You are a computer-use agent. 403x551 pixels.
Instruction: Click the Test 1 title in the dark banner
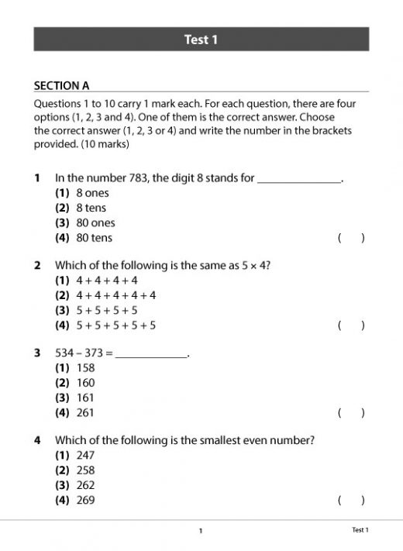(x=201, y=40)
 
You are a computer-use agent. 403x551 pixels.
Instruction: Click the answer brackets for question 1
(x=351, y=238)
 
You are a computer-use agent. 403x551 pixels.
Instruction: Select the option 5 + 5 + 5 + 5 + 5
(x=115, y=325)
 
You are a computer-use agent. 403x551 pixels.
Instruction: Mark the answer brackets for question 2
(x=351, y=325)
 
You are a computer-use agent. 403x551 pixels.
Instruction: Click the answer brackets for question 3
(x=351, y=413)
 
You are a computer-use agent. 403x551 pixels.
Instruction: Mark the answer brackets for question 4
(x=351, y=500)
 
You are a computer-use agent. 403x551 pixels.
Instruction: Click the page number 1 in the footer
(x=201, y=531)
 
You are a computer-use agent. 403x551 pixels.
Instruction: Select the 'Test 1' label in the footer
(x=360, y=530)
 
